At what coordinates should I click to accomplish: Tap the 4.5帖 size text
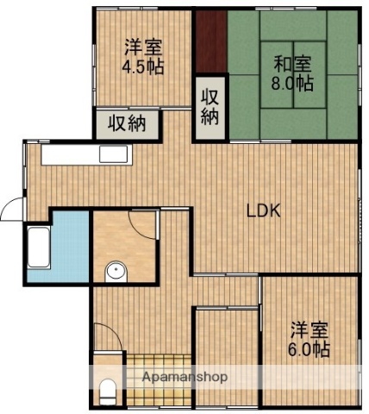coord(142,66)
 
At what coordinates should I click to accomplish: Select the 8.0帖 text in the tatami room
coord(294,85)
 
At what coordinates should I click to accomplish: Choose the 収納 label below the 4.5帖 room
coord(128,123)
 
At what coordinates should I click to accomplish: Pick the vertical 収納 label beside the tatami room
coord(210,105)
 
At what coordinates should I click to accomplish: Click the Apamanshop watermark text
coord(178,378)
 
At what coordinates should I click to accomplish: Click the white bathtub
coord(39,252)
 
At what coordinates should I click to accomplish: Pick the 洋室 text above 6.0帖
coord(309,329)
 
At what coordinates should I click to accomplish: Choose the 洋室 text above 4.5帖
coord(142,47)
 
